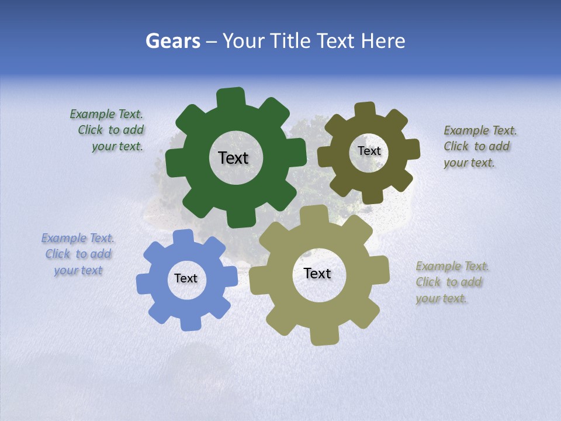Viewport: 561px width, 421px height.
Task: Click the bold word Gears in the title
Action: tap(173, 41)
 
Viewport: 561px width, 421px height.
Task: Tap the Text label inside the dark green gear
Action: tap(233, 158)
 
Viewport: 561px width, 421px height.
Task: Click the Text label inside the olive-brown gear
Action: tap(369, 151)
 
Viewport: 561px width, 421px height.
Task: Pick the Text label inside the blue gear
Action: tap(186, 278)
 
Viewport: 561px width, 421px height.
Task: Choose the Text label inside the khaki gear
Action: tap(317, 273)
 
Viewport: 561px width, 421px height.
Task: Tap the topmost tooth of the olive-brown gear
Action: tap(365, 109)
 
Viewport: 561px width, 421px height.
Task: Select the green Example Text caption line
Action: tap(106, 115)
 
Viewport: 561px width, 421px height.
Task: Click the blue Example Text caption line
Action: tap(78, 238)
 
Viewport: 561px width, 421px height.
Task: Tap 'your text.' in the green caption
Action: tap(117, 147)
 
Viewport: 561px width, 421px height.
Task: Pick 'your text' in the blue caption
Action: tap(78, 270)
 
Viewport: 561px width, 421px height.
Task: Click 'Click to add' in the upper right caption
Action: tap(476, 147)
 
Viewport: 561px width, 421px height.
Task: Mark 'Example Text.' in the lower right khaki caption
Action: tap(452, 266)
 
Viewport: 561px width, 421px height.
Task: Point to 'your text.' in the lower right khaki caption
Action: tap(441, 298)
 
